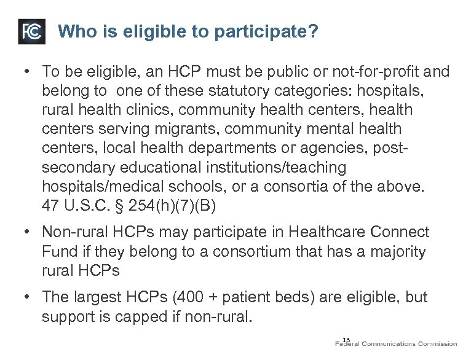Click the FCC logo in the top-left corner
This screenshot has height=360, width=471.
(32, 31)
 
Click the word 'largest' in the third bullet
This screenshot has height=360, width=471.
(100, 298)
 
